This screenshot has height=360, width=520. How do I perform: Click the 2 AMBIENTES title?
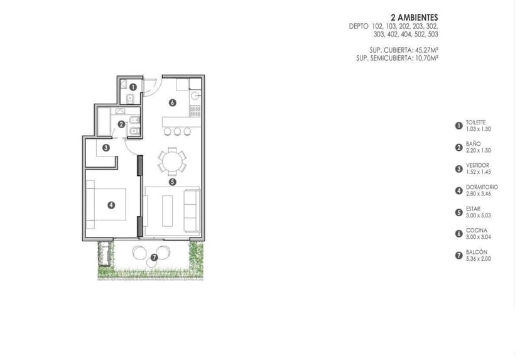coord(414,17)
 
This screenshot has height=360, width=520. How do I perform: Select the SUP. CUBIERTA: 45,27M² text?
coord(404,50)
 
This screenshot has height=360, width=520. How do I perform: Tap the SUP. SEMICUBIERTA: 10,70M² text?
coord(397,58)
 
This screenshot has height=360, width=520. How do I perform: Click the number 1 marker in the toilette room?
coord(133,87)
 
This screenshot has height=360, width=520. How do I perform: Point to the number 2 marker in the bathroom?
coord(121,124)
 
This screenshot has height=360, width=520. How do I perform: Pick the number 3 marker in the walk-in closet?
coord(106,148)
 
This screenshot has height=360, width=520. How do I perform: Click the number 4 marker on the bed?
coord(111,205)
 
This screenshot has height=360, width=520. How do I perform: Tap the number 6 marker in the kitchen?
coord(172,103)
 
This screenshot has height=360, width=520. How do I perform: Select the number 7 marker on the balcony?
coord(154,258)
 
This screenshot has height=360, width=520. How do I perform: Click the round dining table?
coord(172,161)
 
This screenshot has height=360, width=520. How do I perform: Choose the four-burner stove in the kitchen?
coord(195,111)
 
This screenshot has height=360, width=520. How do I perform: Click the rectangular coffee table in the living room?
coord(168,210)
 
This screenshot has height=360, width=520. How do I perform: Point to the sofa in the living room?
coord(192,211)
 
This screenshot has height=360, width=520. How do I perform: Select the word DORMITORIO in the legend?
coord(482,187)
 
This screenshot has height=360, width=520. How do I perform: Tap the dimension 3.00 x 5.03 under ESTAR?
coord(478,215)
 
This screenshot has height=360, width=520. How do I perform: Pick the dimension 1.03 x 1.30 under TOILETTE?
coord(478,129)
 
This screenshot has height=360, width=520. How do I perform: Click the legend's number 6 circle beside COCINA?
coord(458,234)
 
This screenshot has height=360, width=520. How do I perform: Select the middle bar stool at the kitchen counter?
coord(178,132)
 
